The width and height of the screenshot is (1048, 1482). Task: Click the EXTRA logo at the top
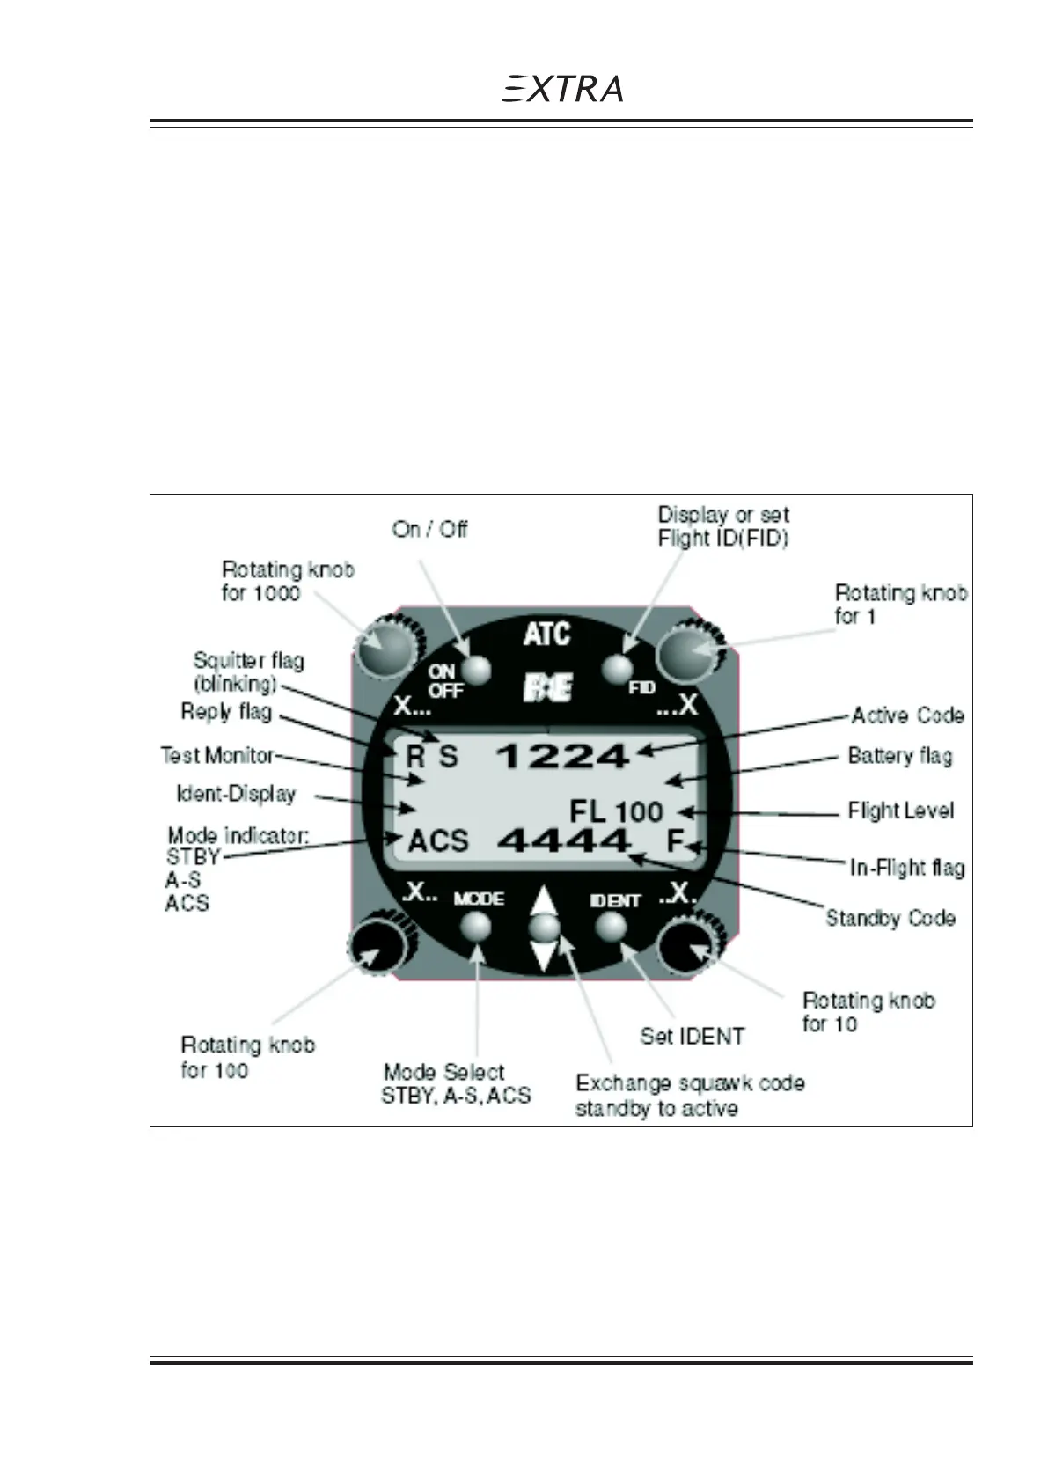pos(562,89)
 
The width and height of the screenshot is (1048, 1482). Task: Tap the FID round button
pos(619,669)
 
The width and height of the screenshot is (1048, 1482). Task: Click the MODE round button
pos(477,926)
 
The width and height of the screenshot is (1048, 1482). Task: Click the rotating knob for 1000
pos(384,650)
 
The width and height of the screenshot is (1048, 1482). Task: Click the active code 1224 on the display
pos(563,756)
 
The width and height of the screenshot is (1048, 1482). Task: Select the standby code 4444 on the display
pos(564,841)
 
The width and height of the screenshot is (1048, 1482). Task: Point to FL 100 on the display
pos(616,811)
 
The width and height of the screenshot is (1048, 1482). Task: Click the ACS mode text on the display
pos(438,841)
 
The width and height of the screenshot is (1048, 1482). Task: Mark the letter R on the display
pos(414,757)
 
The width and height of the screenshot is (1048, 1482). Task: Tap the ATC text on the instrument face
pos(546,634)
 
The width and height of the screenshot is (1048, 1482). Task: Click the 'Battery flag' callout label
pos(899,756)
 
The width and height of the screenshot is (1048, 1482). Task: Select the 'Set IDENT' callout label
pos(692,1036)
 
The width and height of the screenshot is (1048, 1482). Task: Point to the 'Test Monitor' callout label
pos(217,756)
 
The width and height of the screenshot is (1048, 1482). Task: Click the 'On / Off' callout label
pos(429,530)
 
